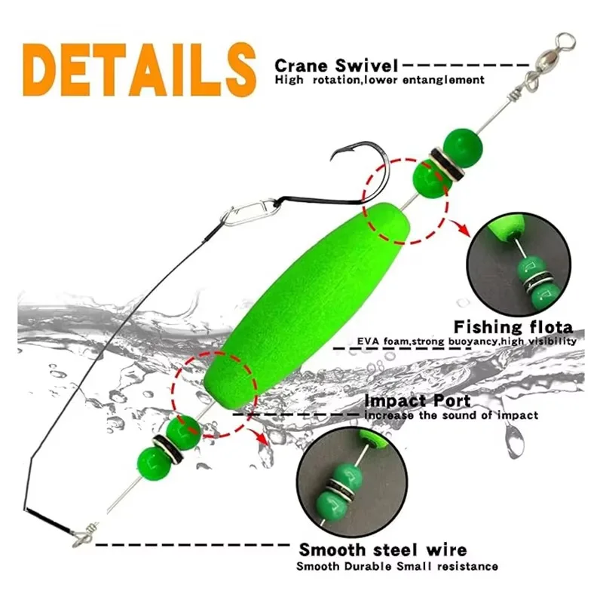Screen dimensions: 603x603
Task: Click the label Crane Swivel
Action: point(336,66)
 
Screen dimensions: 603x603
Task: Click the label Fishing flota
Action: point(513,327)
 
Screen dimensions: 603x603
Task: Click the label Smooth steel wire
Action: point(382,549)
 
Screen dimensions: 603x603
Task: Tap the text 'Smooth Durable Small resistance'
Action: point(396,566)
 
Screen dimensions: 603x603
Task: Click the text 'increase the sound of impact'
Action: point(451,415)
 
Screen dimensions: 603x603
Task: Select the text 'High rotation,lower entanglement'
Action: point(379,80)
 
